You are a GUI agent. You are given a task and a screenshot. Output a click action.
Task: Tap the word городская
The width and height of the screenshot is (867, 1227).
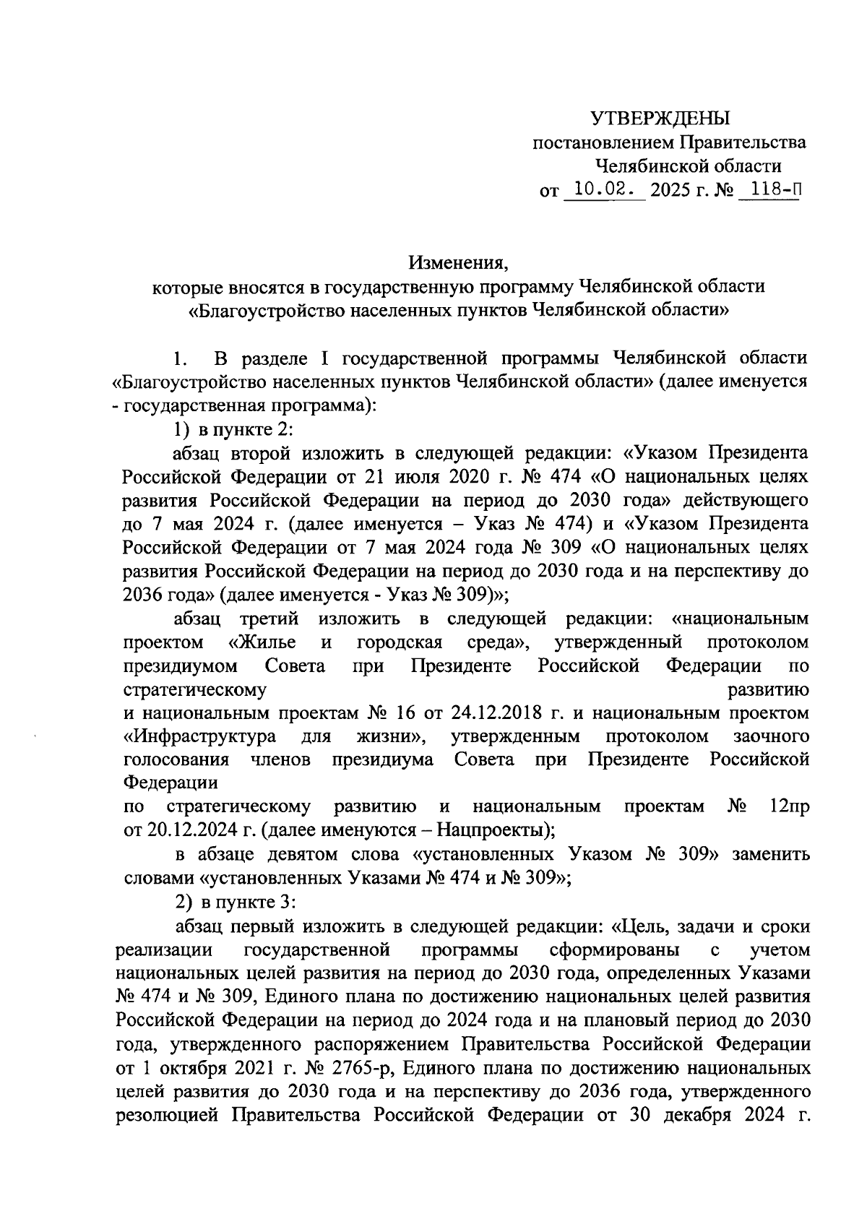click(x=399, y=642)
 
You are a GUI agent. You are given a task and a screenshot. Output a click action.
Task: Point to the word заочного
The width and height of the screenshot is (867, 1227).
click(x=770, y=737)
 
